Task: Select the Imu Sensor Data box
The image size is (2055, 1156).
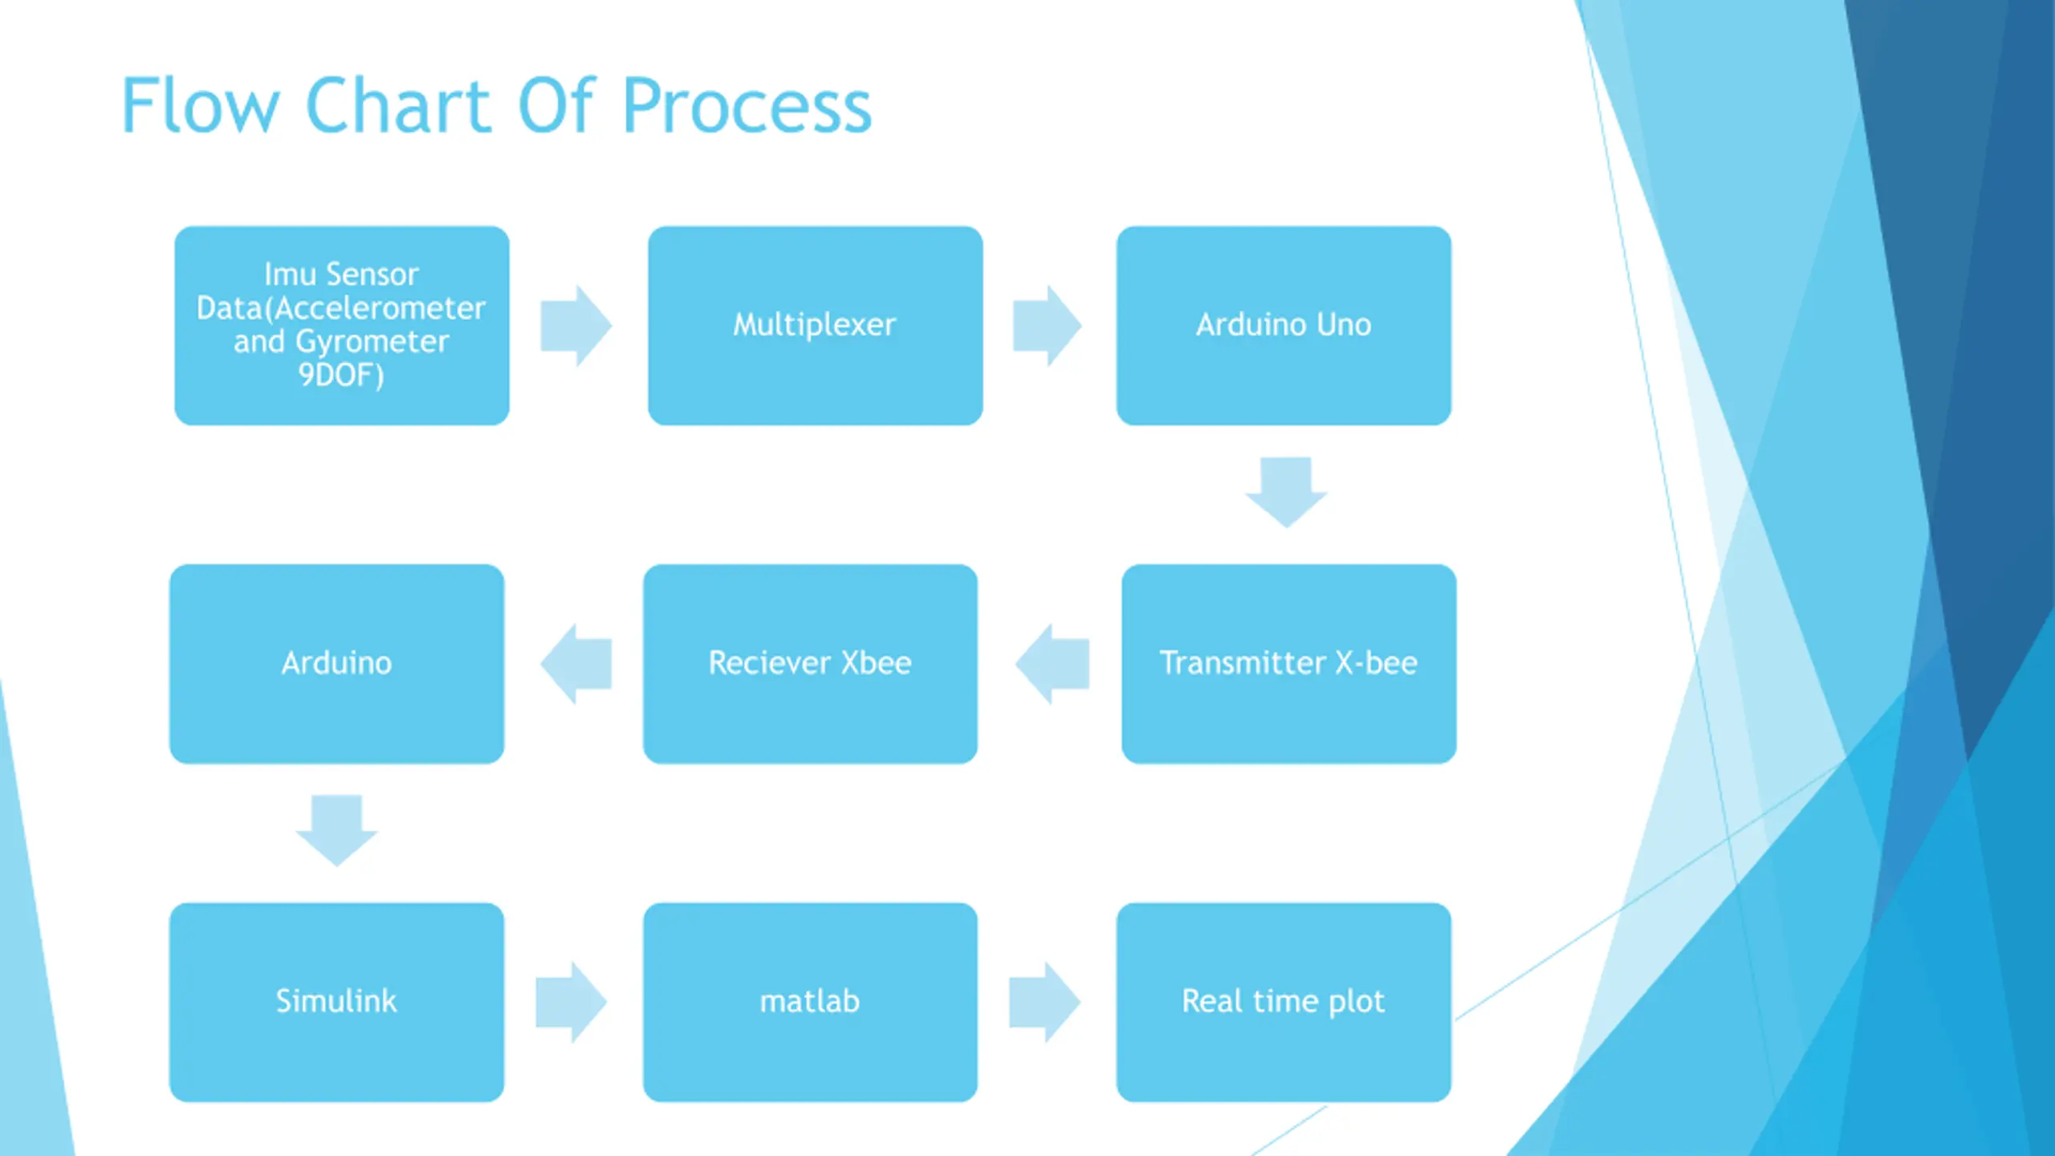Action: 342,325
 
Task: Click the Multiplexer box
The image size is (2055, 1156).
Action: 816,325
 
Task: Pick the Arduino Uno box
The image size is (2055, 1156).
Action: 1284,325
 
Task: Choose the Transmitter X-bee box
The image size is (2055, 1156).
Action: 1289,664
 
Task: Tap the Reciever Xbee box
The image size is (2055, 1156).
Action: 810,664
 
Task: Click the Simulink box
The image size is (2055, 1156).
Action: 336,1002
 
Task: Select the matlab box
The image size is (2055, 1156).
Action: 810,1002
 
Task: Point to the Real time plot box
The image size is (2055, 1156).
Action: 1284,1002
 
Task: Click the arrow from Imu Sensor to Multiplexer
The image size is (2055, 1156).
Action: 576,326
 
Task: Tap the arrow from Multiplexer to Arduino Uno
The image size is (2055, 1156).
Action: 1047,326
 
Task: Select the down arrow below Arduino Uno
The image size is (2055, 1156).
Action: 1286,492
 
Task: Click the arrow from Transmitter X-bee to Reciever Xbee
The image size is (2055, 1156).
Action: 1052,664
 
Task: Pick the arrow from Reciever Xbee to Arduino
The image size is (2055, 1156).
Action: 576,664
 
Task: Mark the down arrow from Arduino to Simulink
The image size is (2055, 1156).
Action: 336,831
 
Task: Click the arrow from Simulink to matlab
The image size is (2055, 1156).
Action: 571,1002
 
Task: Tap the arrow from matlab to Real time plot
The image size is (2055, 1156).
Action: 1044,1002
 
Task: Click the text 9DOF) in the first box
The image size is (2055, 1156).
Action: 341,375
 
